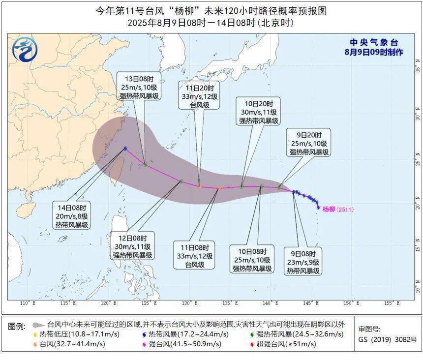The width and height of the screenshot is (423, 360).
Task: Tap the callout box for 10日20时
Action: click(259, 112)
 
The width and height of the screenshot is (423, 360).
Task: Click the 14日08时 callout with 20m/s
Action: click(71, 216)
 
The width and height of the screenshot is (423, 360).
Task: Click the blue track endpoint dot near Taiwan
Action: click(126, 148)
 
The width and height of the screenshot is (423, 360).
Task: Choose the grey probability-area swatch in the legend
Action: click(38, 325)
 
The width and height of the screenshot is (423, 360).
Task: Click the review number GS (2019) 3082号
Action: click(387, 339)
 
